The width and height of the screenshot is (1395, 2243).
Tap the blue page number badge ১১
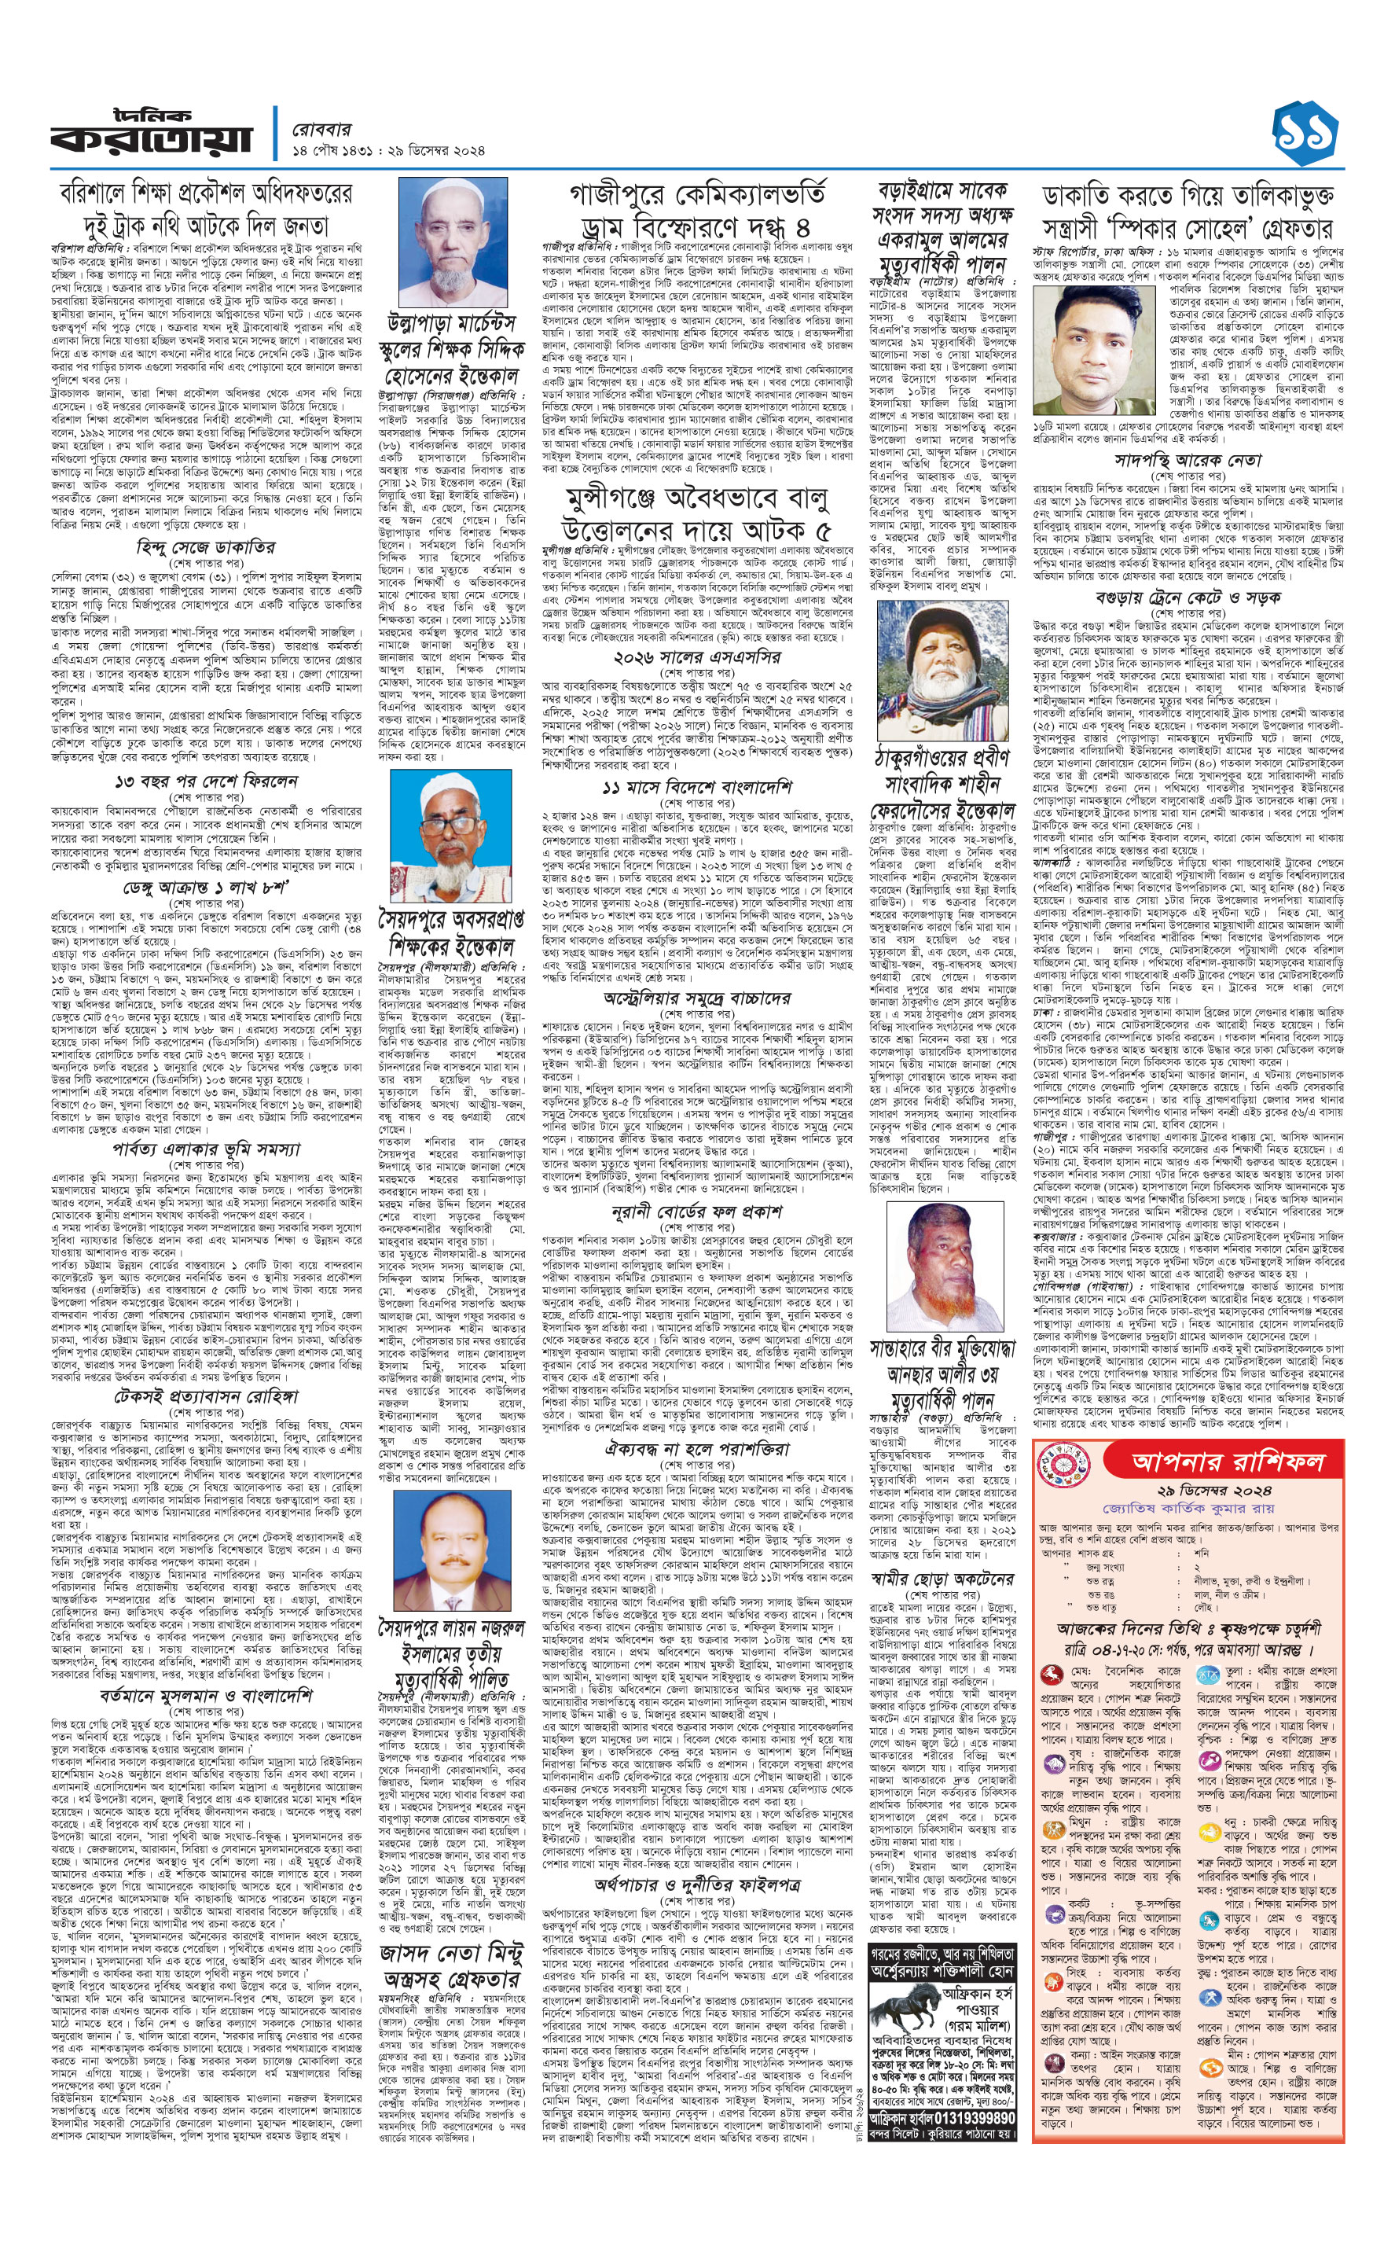coord(1305,134)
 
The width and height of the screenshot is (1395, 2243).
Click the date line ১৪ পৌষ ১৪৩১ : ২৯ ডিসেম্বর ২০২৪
coord(387,150)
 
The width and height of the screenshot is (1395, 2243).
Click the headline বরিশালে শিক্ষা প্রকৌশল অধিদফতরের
coord(206,193)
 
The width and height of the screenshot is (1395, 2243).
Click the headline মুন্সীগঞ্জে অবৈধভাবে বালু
coord(696,499)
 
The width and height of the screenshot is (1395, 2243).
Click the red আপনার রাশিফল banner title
coord(1227,1461)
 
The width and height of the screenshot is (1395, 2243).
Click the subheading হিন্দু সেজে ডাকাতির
coord(205,547)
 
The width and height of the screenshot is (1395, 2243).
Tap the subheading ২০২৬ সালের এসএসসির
coord(696,657)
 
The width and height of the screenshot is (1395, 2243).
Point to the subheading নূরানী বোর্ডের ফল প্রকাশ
coord(696,1212)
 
